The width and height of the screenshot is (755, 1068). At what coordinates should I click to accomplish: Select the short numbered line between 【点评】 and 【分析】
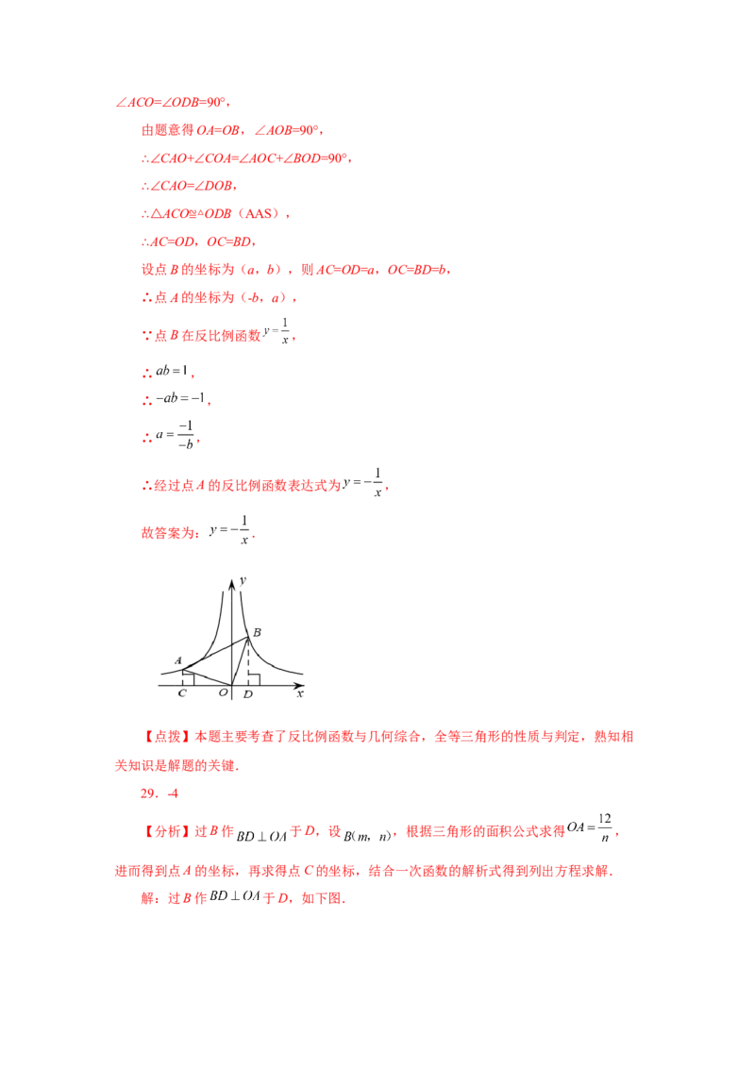[x=151, y=794]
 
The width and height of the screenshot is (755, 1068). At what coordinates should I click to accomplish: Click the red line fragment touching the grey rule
[x=175, y=400]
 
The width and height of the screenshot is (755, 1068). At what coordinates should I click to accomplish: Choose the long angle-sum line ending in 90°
[x=245, y=159]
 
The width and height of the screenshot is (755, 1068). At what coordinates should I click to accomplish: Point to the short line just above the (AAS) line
[x=189, y=187]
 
